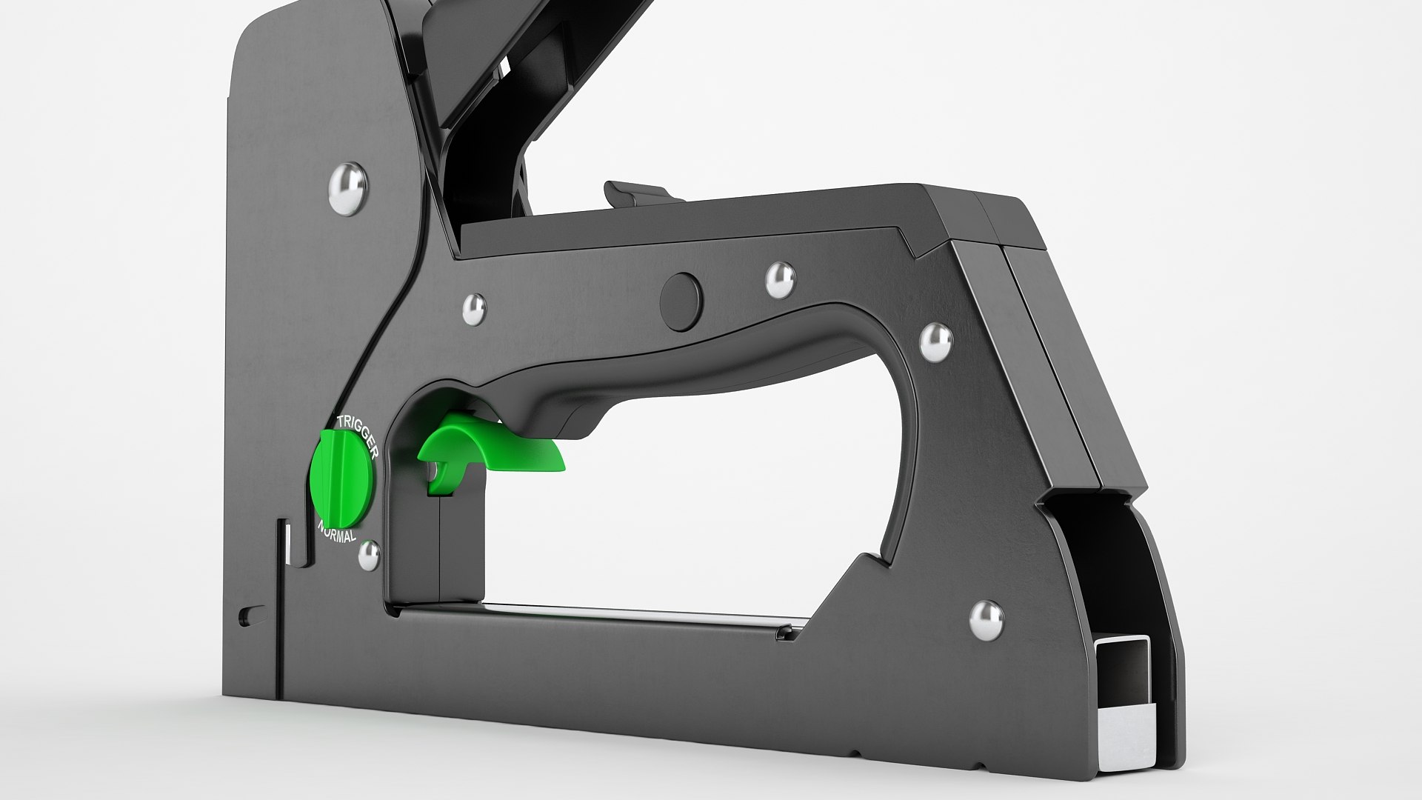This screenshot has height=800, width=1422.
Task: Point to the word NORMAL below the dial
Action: click(x=338, y=532)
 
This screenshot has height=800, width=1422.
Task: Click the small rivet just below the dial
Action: click(x=368, y=556)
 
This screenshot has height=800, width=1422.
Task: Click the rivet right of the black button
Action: click(x=779, y=280)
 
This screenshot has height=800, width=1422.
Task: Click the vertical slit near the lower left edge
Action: click(x=284, y=563)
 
